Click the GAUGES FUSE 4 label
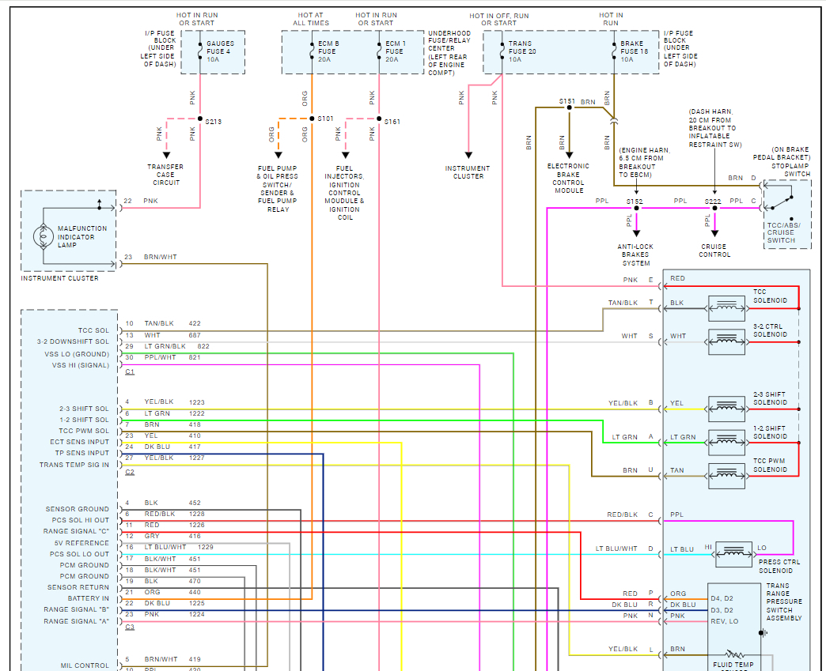click(x=221, y=51)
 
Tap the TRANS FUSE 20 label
click(x=522, y=51)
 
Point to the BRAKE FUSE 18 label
click(x=634, y=51)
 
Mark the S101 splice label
click(x=326, y=119)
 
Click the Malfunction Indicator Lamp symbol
click(x=42, y=236)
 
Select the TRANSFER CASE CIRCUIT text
click(x=165, y=175)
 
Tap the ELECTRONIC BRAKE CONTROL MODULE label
click(x=568, y=178)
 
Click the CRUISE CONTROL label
click(x=714, y=250)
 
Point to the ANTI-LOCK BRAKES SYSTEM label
click(x=635, y=254)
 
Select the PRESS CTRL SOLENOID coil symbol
click(x=733, y=552)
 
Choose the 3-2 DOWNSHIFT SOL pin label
click(x=73, y=341)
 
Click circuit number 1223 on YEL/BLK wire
click(x=196, y=402)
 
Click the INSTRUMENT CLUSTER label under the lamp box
click(x=60, y=278)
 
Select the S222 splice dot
click(x=714, y=209)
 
